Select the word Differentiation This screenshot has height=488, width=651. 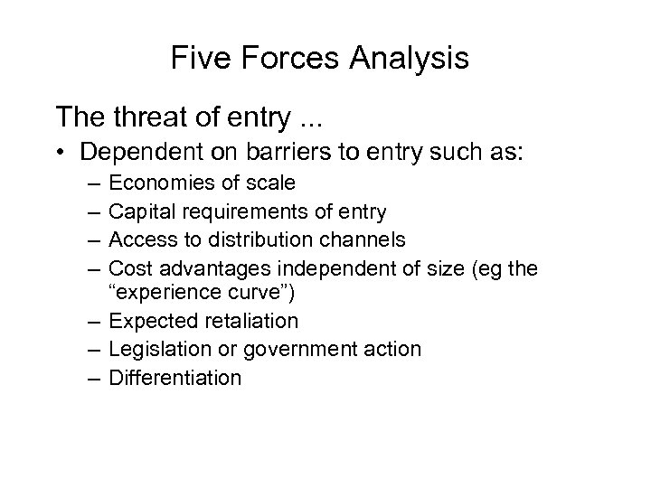pyautogui.click(x=175, y=377)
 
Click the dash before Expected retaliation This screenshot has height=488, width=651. pyautogui.click(x=91, y=322)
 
